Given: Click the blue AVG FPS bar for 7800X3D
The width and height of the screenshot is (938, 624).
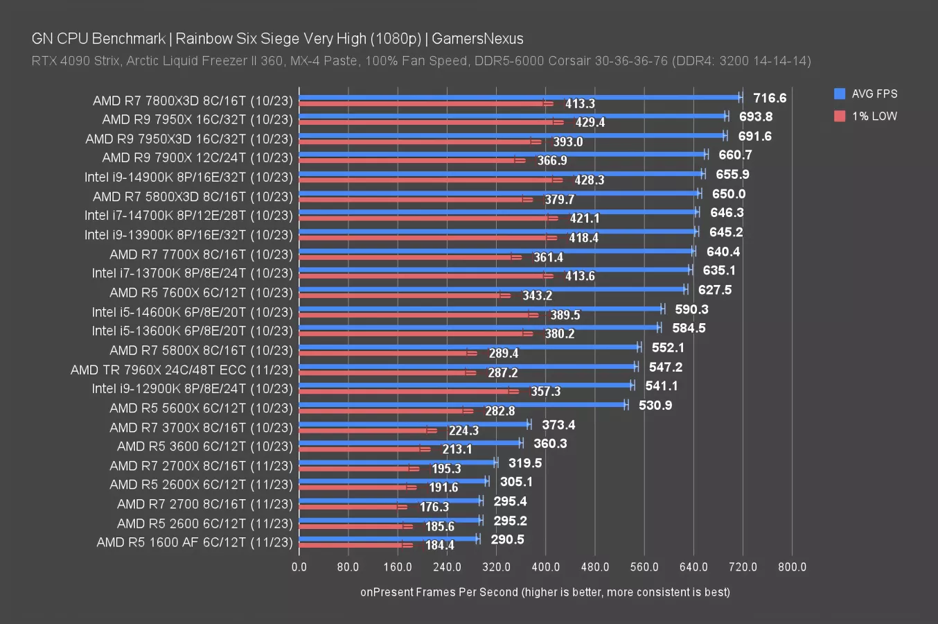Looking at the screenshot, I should tap(520, 98).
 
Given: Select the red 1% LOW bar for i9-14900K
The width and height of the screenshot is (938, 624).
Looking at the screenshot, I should tap(426, 180).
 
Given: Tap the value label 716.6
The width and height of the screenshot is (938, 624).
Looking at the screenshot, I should tap(770, 98).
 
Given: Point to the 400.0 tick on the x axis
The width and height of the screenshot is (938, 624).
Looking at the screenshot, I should tap(545, 566).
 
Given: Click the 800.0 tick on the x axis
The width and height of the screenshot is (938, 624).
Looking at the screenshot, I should tap(792, 566).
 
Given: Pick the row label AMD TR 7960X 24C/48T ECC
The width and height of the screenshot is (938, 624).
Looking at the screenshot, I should tap(182, 370).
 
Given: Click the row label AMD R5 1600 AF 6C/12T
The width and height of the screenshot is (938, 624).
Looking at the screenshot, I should tap(195, 542).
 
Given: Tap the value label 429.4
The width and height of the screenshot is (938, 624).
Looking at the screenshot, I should tap(590, 122).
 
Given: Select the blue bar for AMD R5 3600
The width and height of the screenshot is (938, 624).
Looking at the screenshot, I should tap(409, 442).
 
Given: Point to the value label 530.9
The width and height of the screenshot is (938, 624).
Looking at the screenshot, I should tap(655, 405).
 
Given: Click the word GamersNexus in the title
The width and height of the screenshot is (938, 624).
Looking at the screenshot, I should tap(477, 38).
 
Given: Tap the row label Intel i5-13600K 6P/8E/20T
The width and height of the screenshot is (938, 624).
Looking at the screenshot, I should tap(192, 331).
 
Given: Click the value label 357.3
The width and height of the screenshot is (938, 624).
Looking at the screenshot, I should tap(545, 391).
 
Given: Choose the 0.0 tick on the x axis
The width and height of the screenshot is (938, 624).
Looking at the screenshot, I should tap(299, 566).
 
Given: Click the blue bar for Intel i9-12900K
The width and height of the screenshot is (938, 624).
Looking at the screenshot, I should tap(464, 385).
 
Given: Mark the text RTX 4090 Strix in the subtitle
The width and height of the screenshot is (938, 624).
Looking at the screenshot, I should tap(75, 60).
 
